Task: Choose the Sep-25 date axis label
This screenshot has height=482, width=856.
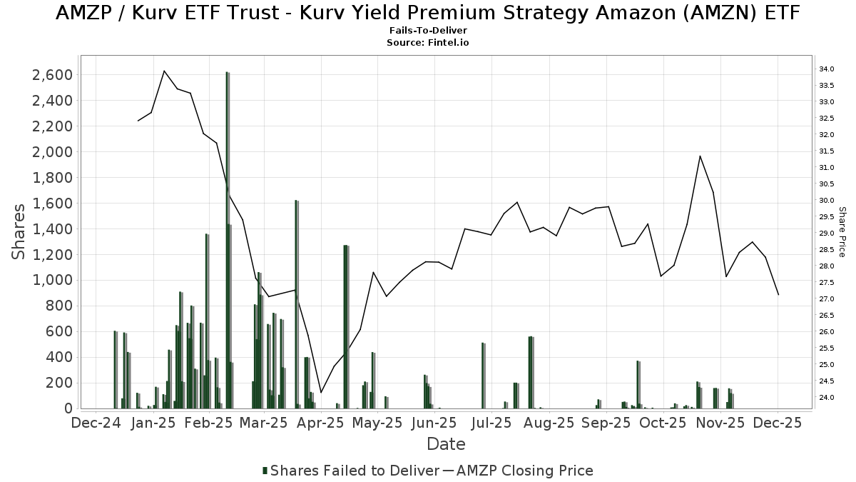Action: [606, 423]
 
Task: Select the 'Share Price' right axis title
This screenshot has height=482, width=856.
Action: [842, 232]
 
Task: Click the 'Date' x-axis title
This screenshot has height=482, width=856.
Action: [446, 444]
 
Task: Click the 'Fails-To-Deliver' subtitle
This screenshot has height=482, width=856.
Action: [428, 31]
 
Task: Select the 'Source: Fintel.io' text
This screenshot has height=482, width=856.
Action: [428, 43]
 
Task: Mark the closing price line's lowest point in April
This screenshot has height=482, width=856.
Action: [321, 393]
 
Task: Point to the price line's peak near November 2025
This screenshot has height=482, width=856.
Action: [700, 156]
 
